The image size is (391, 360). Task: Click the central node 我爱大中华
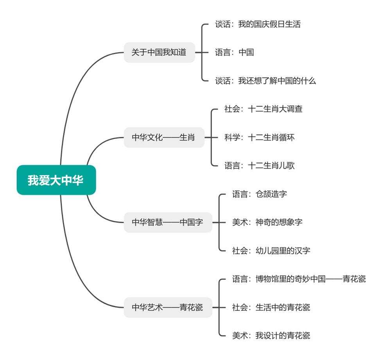(56, 180)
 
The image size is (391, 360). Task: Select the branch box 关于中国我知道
(159, 52)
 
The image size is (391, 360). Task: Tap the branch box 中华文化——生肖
(164, 137)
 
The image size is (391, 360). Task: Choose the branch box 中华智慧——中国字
(168, 222)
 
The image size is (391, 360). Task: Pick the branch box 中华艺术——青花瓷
(168, 307)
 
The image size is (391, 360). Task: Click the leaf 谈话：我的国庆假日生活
(258, 24)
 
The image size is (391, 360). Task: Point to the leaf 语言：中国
(234, 52)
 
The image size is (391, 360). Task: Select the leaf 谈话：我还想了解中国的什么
(265, 81)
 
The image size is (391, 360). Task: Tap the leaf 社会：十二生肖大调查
(263, 109)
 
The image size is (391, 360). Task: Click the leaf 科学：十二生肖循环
(259, 137)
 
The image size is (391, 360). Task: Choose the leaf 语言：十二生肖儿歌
(259, 166)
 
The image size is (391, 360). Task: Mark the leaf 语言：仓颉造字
(259, 194)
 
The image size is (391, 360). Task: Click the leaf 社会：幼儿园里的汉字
(271, 250)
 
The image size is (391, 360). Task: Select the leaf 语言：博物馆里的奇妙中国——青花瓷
(299, 279)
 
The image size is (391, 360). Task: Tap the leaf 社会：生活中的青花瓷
(271, 307)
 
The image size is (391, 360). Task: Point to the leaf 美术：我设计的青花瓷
(271, 335)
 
